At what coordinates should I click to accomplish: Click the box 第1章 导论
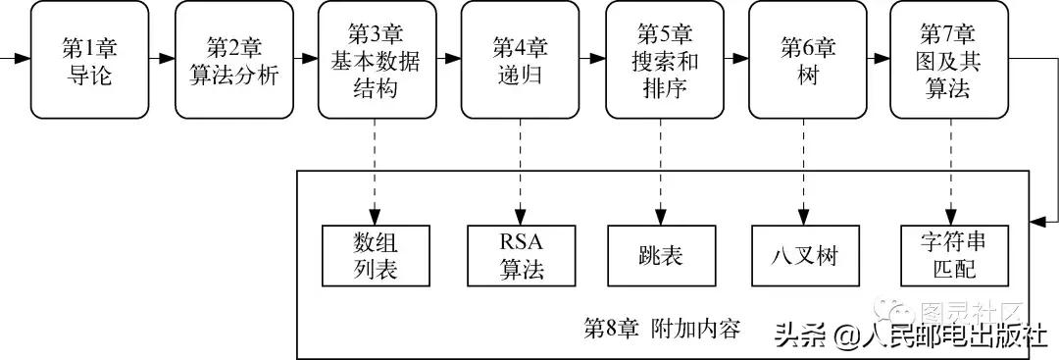88,60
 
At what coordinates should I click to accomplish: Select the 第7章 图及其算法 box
949,60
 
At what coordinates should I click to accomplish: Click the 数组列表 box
375,256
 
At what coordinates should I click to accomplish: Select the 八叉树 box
805,256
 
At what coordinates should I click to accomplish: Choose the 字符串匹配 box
949,256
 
